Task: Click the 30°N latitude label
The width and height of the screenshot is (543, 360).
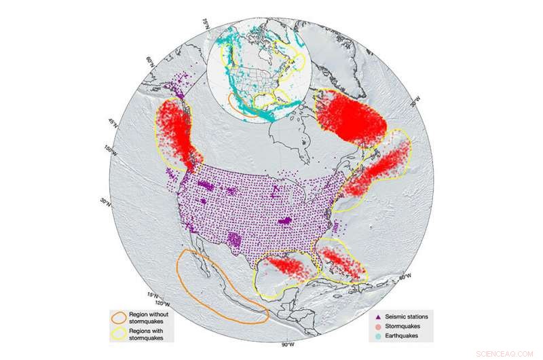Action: click(104, 202)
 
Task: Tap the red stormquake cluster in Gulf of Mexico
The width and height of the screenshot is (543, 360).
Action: click(288, 265)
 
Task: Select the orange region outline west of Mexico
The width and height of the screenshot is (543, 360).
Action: click(217, 285)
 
